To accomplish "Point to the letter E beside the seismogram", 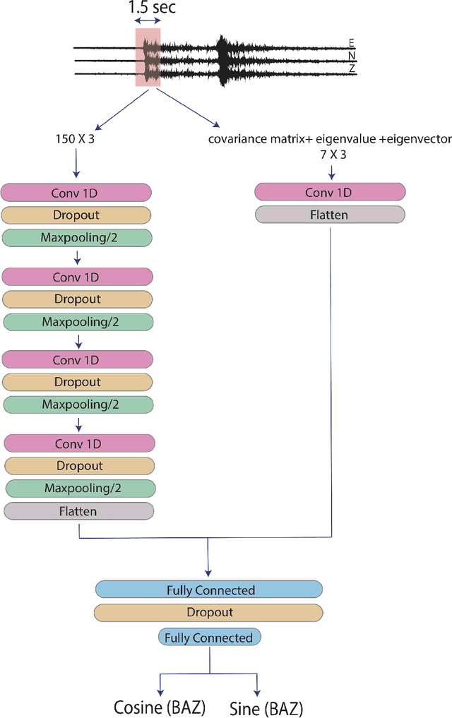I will pos(352,42).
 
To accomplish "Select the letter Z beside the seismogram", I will pos(352,68).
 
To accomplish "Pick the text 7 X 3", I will pos(329,154).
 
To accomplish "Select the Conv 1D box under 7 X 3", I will pos(329,192).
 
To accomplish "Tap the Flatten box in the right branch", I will pos(329,215).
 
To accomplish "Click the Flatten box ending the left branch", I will pos(78,510).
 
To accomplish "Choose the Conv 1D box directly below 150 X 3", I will pos(76,192).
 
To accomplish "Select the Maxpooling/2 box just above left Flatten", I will pos(80,488).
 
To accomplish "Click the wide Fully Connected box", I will pos(210,590).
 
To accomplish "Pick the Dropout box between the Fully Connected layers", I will pos(210,612).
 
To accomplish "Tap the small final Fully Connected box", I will pos(209,638).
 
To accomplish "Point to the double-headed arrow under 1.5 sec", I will pos(148,22).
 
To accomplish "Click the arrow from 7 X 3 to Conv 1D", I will pos(329,172).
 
